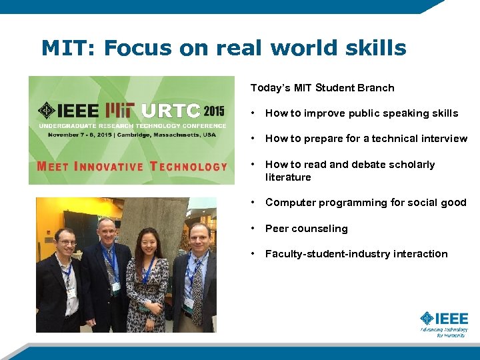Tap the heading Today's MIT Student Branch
(x=322, y=88)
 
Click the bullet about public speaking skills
(x=361, y=113)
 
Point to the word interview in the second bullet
(x=444, y=139)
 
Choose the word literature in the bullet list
(x=288, y=177)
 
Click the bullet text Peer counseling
(x=306, y=229)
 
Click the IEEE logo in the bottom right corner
(x=444, y=323)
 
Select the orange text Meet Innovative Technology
(x=132, y=167)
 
